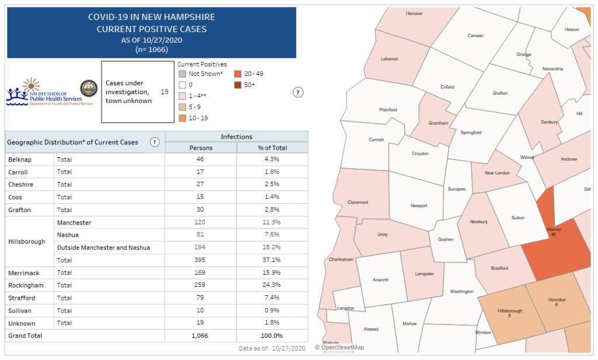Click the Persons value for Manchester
click(201, 223)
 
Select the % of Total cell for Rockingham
click(272, 285)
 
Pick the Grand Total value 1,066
click(201, 336)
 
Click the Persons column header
click(201, 147)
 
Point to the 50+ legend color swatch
click(238, 85)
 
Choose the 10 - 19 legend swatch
click(182, 118)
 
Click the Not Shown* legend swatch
click(182, 74)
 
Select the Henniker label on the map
click(557, 300)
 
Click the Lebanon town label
click(389, 59)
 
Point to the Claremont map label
click(358, 202)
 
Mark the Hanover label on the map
click(414, 13)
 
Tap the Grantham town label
click(438, 123)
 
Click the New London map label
click(497, 173)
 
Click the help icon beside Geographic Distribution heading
click(155, 142)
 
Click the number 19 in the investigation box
click(165, 92)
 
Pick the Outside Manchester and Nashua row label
click(103, 248)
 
